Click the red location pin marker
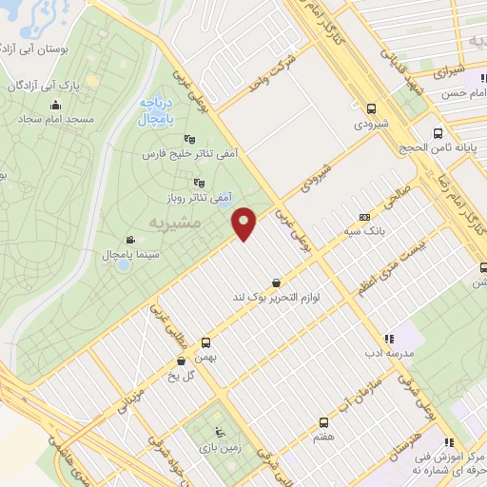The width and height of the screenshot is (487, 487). click(x=244, y=224)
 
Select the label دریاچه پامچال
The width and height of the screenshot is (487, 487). click(x=152, y=111)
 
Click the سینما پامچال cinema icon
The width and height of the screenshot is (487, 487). click(x=129, y=240)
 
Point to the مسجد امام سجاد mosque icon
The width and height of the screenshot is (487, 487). click(x=55, y=106)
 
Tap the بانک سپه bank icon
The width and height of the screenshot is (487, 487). click(x=365, y=217)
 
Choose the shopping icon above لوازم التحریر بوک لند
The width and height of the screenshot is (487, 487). click(x=276, y=282)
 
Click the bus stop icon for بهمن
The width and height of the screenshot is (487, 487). click(x=205, y=341)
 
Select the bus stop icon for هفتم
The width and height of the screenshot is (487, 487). click(x=323, y=421)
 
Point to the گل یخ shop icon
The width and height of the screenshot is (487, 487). click(x=181, y=360)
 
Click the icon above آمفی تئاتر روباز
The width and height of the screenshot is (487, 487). click(x=199, y=183)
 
